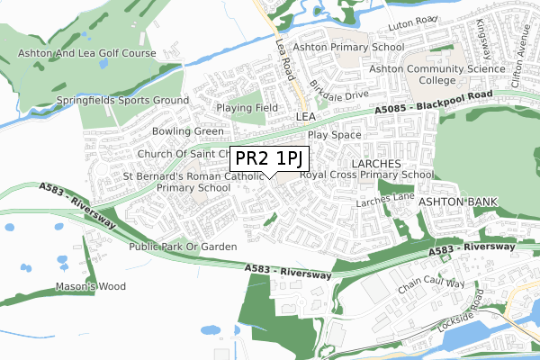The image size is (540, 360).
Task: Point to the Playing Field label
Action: click(x=249, y=108)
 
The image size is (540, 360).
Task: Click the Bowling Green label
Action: click(x=188, y=131)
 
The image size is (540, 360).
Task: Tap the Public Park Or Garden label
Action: click(x=183, y=246)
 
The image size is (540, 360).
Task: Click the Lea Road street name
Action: click(x=285, y=56)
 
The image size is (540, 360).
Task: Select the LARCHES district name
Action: click(x=375, y=163)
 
